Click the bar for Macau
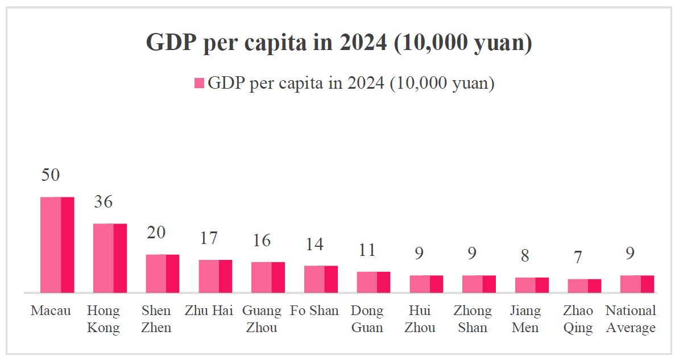click(x=57, y=245)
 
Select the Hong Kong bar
click(x=110, y=258)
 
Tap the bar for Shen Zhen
click(x=163, y=274)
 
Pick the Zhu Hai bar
click(x=215, y=276)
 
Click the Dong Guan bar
click(x=373, y=283)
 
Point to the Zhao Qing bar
click(x=585, y=286)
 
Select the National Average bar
click(x=637, y=284)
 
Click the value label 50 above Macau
click(x=51, y=175)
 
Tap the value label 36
click(x=103, y=202)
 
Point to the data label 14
click(x=314, y=245)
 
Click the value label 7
click(x=578, y=258)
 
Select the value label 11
click(x=367, y=251)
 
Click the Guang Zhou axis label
click(x=262, y=319)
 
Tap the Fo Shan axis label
click(x=314, y=311)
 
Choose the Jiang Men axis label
click(x=525, y=319)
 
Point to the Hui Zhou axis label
click(x=420, y=319)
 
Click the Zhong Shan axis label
click(x=473, y=319)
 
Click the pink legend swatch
click(x=199, y=83)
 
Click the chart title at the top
click(x=339, y=43)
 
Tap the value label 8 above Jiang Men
click(x=525, y=256)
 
